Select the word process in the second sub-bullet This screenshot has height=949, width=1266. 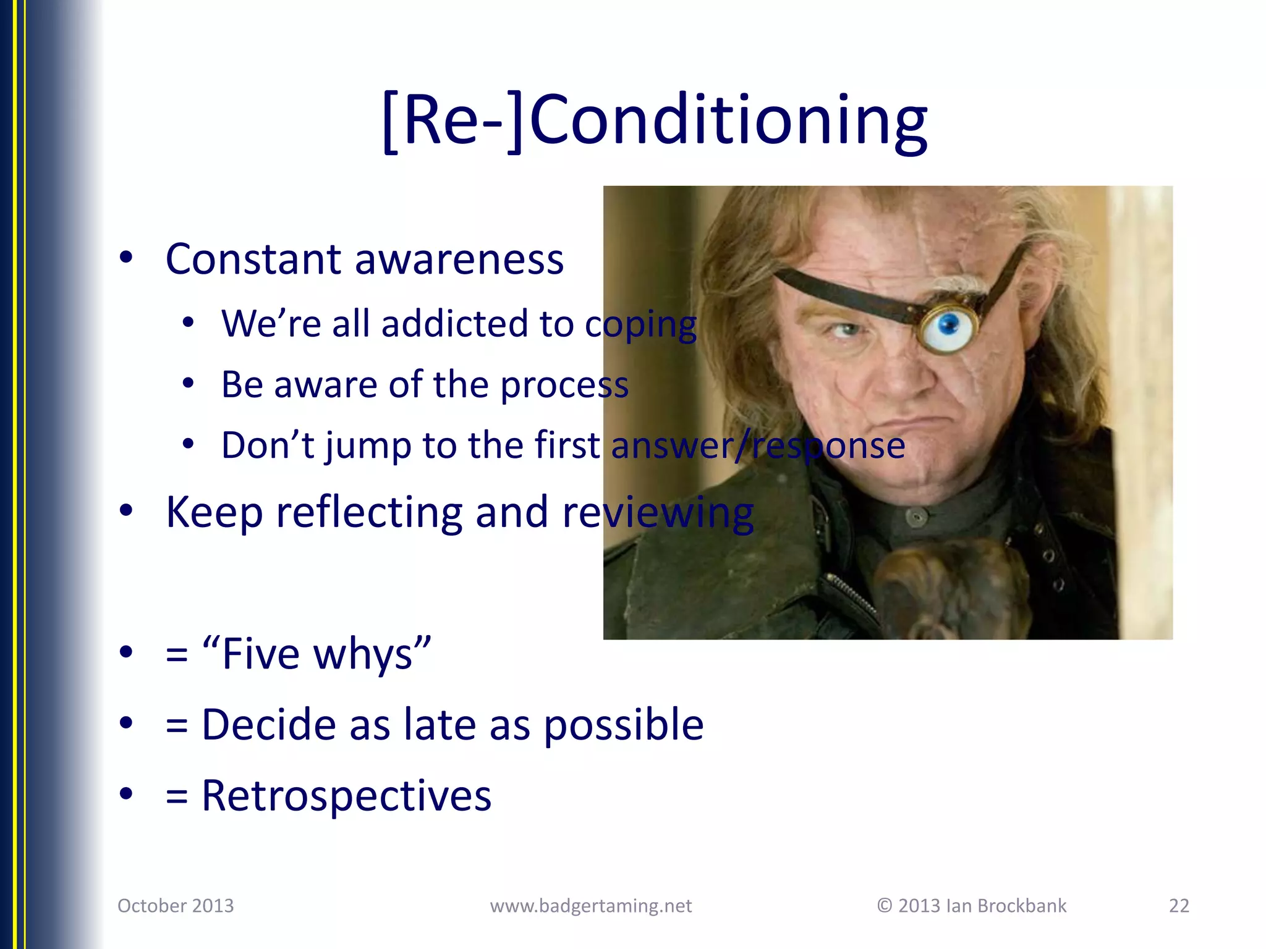point(564,386)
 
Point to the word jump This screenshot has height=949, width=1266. point(368,446)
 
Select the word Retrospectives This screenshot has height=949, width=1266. point(346,796)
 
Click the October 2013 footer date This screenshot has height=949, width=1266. point(176,906)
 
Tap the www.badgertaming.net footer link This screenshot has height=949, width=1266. point(591,906)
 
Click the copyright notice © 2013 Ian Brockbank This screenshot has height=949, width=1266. point(972,906)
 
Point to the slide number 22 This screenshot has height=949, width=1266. point(1179,906)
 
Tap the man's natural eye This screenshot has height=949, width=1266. point(846,329)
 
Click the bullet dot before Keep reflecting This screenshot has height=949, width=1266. point(126,511)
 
